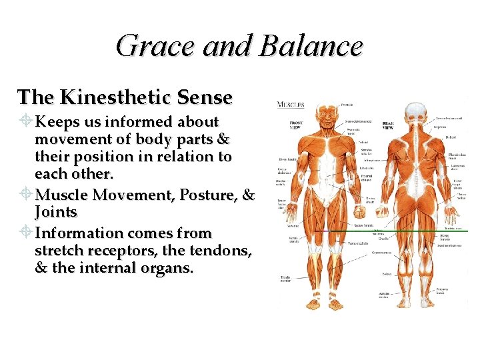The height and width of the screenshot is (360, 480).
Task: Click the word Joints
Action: pos(56,213)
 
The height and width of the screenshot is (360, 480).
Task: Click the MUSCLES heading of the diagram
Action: pos(291,104)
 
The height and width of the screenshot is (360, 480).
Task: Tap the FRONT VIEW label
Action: pos(297,126)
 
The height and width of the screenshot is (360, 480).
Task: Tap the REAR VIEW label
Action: pos(388,125)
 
